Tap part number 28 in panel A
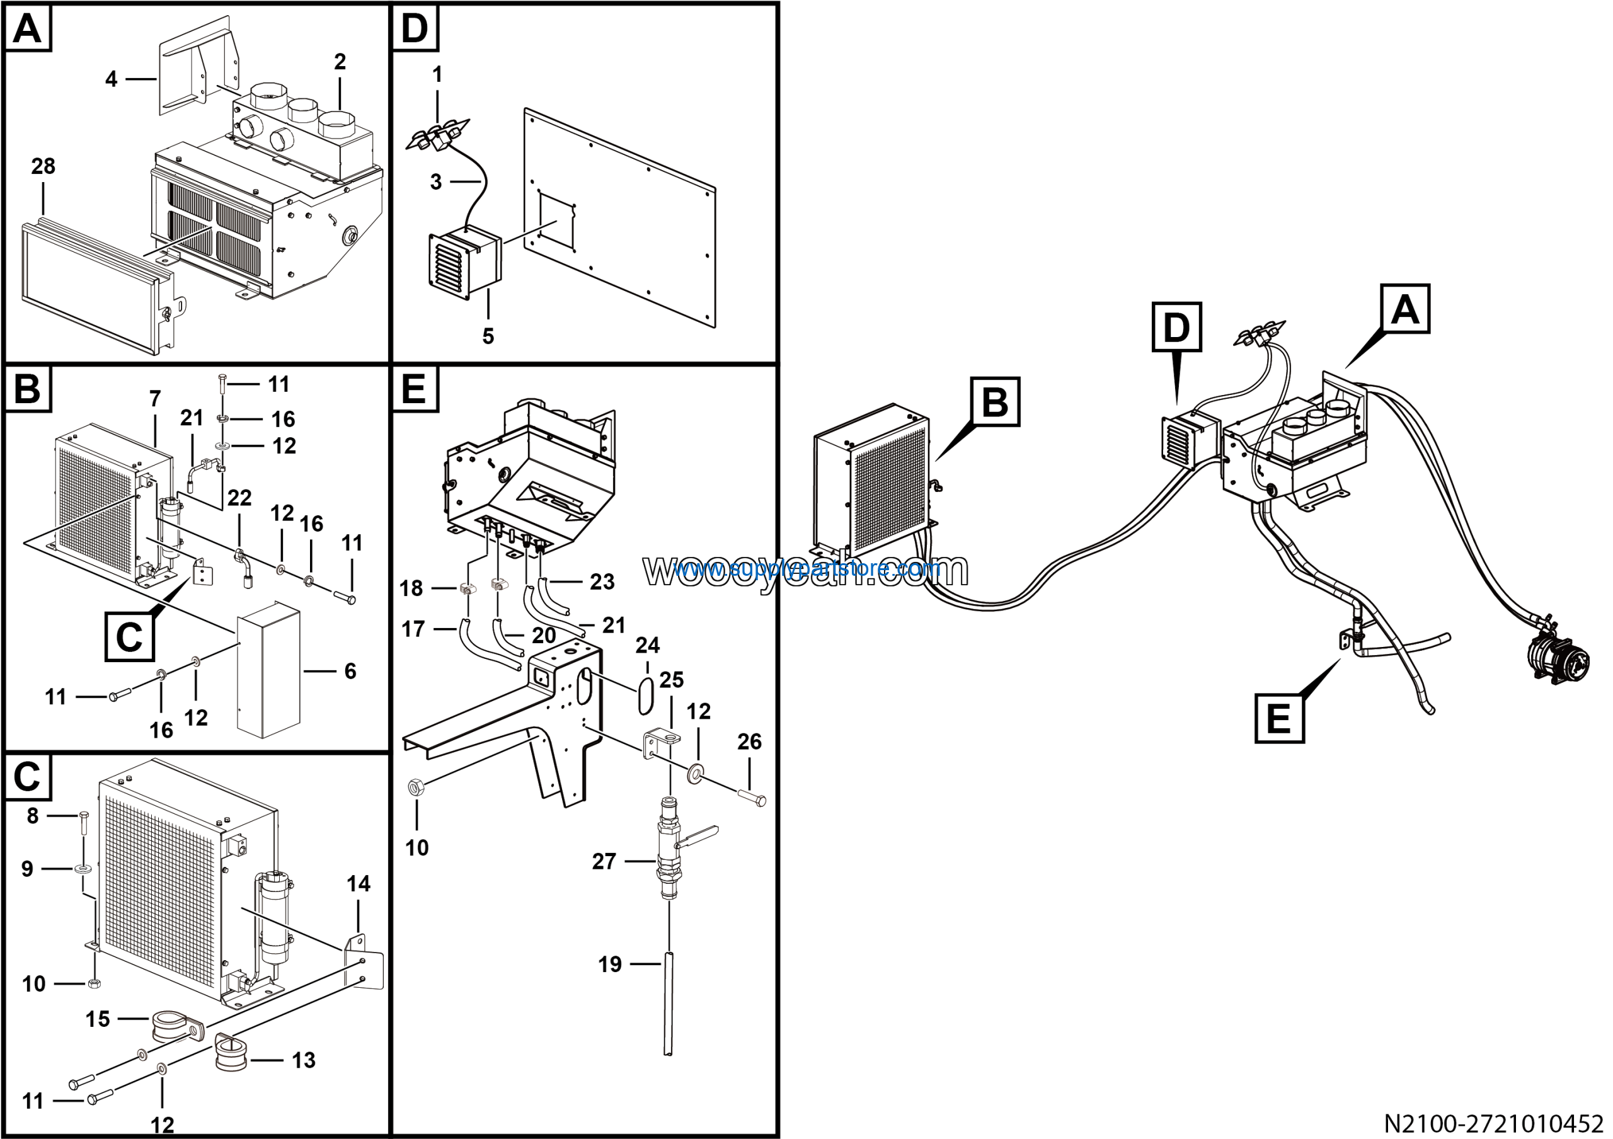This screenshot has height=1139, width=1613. click(43, 166)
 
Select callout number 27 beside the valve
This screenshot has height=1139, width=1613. click(604, 862)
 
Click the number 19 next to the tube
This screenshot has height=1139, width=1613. click(610, 964)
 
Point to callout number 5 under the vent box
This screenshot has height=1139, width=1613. click(488, 336)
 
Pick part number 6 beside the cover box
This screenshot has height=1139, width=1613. click(350, 672)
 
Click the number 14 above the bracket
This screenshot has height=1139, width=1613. click(359, 883)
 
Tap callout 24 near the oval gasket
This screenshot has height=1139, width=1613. click(647, 645)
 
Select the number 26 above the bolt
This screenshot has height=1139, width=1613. click(749, 741)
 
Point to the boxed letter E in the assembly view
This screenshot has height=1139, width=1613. click(1278, 718)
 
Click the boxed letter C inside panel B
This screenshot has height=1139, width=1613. click(129, 636)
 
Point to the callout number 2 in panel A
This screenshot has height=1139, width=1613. click(340, 62)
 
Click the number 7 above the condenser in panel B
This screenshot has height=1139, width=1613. click(155, 399)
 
